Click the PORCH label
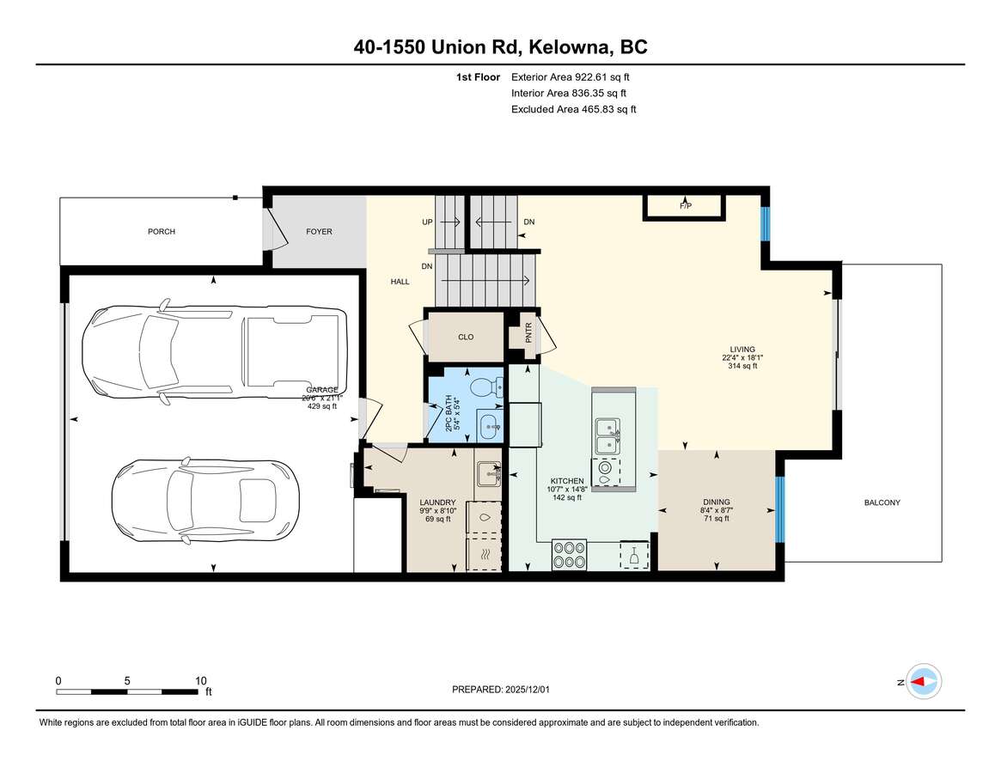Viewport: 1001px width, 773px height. pyautogui.click(x=161, y=232)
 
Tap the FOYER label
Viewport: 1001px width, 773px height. pyautogui.click(x=319, y=232)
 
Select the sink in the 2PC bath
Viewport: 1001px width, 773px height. pyautogui.click(x=488, y=423)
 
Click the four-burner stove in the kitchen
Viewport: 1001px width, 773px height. pyautogui.click(x=569, y=555)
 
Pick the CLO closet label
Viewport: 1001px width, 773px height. pyautogui.click(x=466, y=338)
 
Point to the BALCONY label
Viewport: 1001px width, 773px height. pyautogui.click(x=882, y=502)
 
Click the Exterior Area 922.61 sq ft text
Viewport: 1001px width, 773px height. pyautogui.click(x=576, y=76)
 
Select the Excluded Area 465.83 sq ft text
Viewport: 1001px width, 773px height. pyautogui.click(x=573, y=109)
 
